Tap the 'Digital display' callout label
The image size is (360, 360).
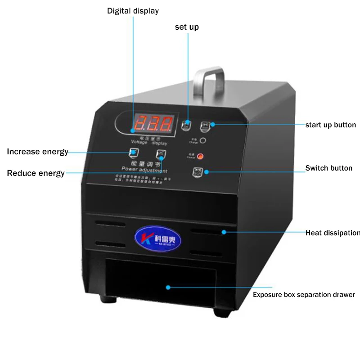click(133, 11)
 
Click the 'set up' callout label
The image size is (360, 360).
click(187, 27)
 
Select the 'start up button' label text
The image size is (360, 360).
click(330, 125)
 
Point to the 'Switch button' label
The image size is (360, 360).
click(328, 168)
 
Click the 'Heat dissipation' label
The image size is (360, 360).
click(332, 233)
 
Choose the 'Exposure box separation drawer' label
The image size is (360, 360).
click(304, 295)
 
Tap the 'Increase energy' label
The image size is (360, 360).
click(37, 152)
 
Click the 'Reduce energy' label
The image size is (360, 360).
click(36, 173)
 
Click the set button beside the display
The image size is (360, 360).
click(187, 125)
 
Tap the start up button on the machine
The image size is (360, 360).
click(205, 125)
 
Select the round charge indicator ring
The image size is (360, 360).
click(203, 140)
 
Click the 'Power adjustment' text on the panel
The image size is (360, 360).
click(148, 171)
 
